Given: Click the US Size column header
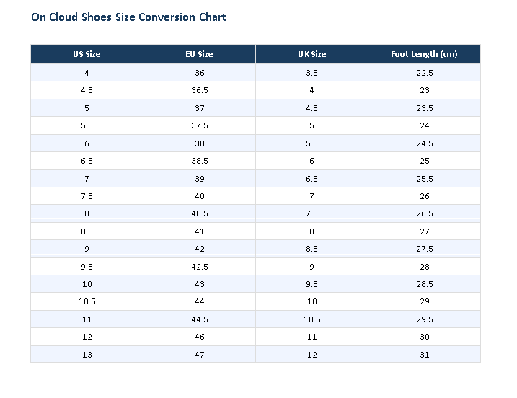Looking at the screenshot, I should point(87,54).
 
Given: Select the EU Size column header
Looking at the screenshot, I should point(199,54).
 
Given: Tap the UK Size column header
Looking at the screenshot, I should point(311,54).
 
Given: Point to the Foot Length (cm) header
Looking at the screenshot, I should point(424,54).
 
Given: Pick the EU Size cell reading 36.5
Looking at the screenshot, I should point(199,90).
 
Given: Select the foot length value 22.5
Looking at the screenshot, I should point(424,73).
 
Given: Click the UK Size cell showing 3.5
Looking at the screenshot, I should point(311,73).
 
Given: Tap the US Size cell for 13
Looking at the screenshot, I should point(87,355).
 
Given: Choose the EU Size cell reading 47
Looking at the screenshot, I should point(199,355).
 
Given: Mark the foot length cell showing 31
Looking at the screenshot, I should point(424,355).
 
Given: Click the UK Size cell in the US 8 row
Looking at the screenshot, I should point(311,213).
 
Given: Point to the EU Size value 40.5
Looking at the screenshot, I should point(199,213).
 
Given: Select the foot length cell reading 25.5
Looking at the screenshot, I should point(424,179).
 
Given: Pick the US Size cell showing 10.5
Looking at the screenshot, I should point(87,301).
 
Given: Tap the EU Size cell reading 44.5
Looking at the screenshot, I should point(199,319).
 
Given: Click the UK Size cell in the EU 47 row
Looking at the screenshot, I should point(311,355).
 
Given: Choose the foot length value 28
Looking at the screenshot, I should point(424,267).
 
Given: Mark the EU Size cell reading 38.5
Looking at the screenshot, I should point(199,161).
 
